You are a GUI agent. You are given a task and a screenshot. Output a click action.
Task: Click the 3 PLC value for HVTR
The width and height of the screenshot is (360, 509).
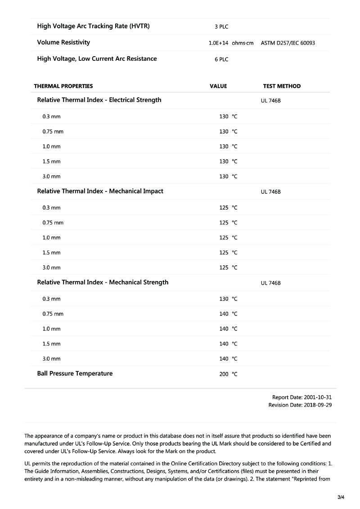(221, 27)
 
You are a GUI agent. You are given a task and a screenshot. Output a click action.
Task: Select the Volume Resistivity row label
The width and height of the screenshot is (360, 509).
(63, 42)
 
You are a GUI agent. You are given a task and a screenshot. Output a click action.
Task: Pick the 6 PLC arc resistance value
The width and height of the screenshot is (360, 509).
(221, 59)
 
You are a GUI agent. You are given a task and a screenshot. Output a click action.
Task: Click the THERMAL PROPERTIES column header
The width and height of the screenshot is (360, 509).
(63, 86)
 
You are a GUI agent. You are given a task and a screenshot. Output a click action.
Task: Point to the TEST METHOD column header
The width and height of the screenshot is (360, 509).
(282, 86)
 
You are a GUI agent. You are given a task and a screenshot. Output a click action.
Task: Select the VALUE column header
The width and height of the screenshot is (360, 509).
(218, 86)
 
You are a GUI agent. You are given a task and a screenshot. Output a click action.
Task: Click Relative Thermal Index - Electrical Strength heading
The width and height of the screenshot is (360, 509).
(99, 100)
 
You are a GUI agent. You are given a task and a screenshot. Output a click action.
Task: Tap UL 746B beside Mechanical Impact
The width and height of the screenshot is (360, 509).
(271, 192)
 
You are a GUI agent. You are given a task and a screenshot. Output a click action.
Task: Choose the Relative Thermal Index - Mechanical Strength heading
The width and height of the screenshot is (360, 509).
(103, 282)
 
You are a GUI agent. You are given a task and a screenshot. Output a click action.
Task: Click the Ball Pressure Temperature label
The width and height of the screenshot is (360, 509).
(75, 373)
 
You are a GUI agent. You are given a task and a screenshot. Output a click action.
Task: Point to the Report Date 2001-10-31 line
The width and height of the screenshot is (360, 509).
(302, 397)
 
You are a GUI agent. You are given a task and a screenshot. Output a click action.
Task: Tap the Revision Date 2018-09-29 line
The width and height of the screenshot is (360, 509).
(300, 405)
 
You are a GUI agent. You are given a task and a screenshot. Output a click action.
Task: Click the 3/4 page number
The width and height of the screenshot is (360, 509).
(341, 497)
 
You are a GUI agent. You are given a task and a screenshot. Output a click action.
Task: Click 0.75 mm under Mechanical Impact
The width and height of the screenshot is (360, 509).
(53, 223)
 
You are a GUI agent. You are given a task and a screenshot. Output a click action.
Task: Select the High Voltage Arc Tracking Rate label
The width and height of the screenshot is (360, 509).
(93, 26)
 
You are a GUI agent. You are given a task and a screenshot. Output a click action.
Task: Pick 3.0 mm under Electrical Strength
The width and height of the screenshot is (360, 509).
(51, 176)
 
